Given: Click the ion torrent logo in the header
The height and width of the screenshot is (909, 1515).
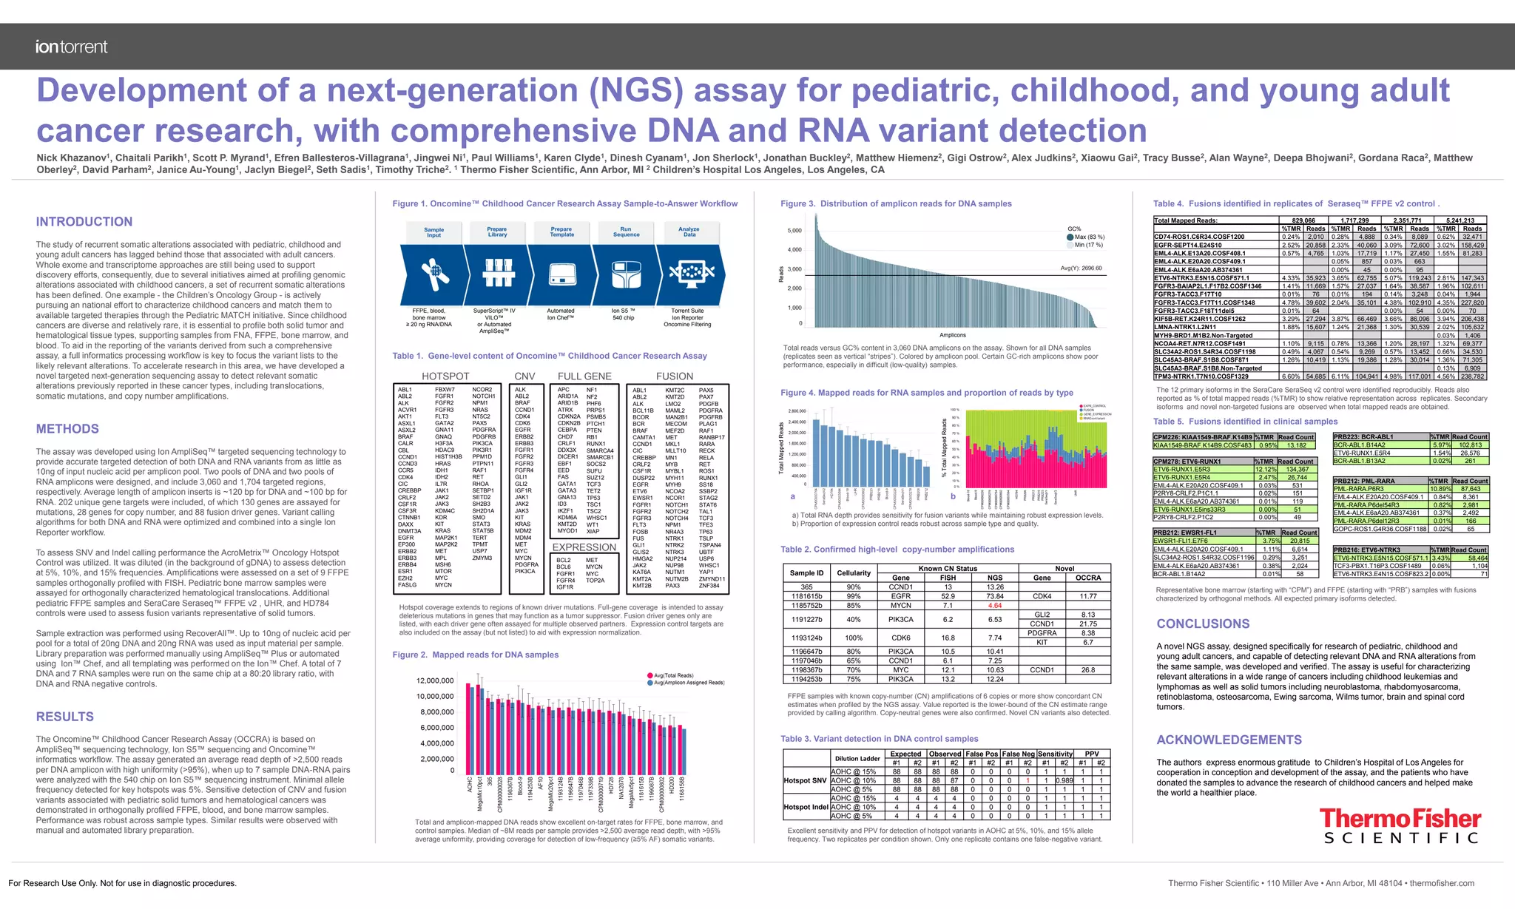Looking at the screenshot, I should (x=71, y=47).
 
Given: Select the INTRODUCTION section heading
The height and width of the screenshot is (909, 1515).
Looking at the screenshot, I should (x=84, y=222).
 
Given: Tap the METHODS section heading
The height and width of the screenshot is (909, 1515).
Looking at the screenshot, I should (x=67, y=429).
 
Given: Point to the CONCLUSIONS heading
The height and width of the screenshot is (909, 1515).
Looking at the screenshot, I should (x=1203, y=624).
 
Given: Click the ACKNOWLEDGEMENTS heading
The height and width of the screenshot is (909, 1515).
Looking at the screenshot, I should (x=1229, y=740).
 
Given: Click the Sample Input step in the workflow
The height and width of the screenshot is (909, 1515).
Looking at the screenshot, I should (x=433, y=232).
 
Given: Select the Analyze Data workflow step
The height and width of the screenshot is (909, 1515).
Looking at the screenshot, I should (x=689, y=232).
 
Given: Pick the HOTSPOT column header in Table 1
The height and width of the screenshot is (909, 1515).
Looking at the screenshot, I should (x=445, y=376).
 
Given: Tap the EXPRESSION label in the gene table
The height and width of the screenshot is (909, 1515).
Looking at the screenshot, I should (x=584, y=547).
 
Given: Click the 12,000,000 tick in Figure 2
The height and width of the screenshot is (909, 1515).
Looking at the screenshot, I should (x=435, y=681).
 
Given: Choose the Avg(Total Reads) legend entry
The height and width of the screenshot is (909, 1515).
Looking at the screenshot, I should (x=672, y=675).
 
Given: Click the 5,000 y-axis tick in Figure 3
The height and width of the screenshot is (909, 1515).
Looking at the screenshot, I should (x=794, y=231).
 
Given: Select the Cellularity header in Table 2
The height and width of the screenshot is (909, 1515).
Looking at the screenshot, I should (x=854, y=573).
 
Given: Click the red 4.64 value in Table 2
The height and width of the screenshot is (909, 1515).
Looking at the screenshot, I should (x=994, y=606).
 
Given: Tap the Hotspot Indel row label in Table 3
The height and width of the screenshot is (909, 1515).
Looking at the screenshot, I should (x=806, y=807).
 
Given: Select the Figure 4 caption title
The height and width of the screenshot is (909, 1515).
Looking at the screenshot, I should (x=926, y=393).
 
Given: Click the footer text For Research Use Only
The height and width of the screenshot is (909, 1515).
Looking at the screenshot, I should (x=122, y=883).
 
